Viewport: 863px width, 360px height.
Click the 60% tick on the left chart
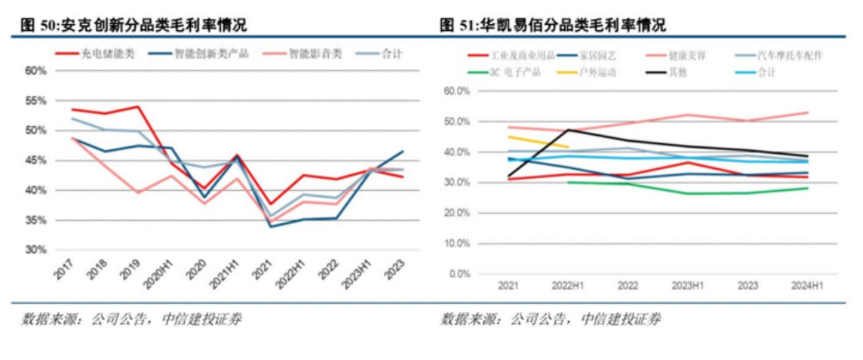34,71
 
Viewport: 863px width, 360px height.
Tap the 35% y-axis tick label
34,220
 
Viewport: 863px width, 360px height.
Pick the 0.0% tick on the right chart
457,275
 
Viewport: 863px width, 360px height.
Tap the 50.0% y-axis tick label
455,121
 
